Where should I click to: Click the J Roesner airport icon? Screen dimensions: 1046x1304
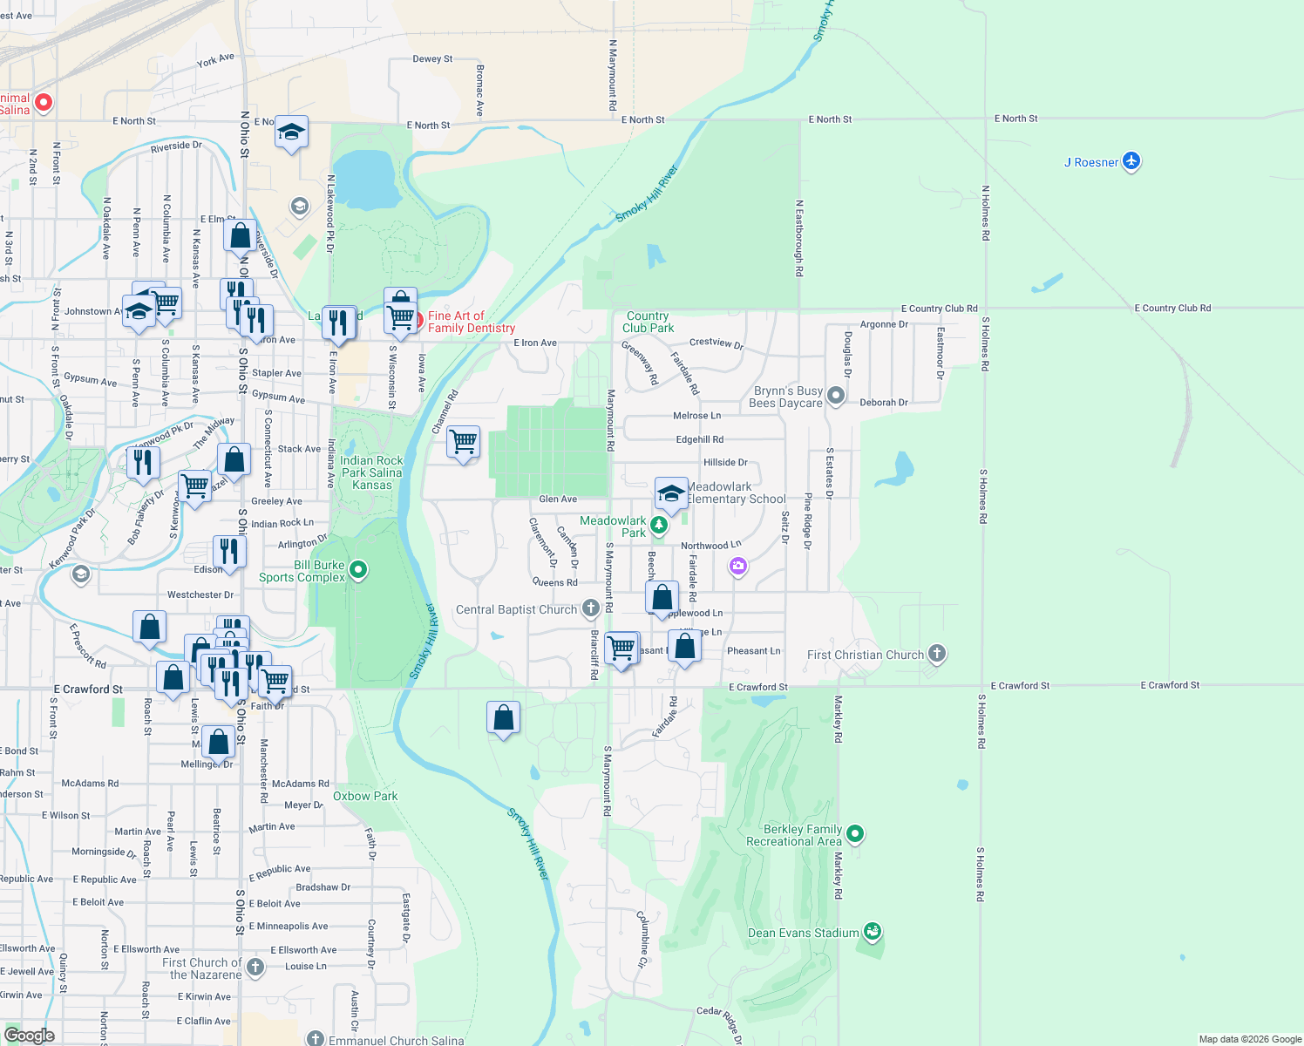point(1131,161)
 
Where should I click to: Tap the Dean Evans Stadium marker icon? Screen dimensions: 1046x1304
point(872,932)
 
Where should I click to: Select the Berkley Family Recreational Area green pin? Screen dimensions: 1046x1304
point(855,833)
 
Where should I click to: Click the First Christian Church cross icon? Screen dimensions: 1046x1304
point(937,653)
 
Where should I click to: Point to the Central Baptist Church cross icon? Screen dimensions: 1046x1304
point(591,608)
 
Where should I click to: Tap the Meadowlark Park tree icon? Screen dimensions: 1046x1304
point(659,525)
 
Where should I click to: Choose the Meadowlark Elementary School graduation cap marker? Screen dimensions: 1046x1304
point(671,494)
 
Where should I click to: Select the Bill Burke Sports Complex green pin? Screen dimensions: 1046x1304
point(358,570)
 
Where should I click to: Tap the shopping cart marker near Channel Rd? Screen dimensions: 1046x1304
point(464,442)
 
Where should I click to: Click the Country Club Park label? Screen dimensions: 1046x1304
point(649,322)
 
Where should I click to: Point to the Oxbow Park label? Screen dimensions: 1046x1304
point(365,796)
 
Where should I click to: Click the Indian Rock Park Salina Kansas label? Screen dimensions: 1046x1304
point(372,472)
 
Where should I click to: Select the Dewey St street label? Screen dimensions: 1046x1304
point(432,59)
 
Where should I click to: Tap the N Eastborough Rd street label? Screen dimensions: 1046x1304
point(799,238)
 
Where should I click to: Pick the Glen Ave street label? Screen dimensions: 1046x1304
point(558,499)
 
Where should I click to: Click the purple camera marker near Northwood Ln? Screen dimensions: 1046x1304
point(738,567)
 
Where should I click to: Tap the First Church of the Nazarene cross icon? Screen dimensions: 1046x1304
point(255,966)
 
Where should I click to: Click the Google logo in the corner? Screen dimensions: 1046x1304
point(30,1035)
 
